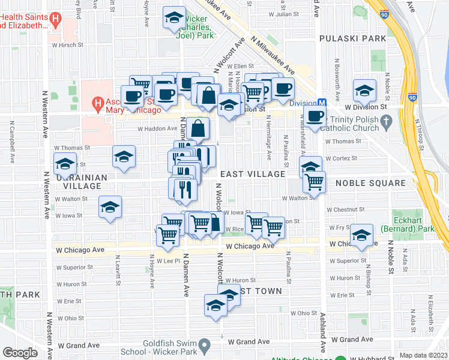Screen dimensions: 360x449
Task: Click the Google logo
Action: click(x=20, y=353)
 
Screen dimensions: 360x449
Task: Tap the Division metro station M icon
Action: click(x=322, y=103)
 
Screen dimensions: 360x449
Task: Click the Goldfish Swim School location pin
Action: click(x=205, y=346)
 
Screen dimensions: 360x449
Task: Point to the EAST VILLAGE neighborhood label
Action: click(x=252, y=174)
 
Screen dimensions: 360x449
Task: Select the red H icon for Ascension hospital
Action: click(x=97, y=104)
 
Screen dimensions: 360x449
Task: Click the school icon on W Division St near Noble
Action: click(x=364, y=91)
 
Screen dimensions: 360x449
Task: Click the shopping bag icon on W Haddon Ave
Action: click(x=197, y=127)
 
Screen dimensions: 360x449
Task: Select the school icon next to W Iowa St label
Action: click(x=110, y=207)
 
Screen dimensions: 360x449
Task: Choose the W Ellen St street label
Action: click(x=232, y=66)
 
